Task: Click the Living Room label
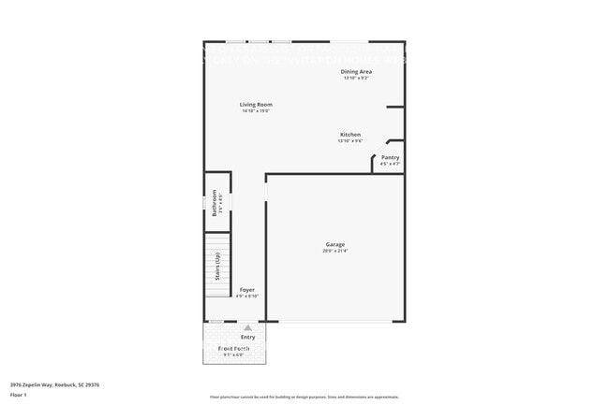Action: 256,105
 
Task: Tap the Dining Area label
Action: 356,71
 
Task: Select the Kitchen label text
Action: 350,135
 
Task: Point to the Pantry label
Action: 391,158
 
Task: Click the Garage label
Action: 335,245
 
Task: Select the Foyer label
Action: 246,290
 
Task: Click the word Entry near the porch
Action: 247,337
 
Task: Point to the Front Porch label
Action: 233,348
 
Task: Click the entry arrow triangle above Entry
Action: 247,328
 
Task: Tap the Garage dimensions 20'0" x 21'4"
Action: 335,251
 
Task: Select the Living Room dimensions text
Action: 256,111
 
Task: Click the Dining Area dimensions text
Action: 356,78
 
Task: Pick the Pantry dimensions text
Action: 391,164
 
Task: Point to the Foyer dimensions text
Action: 246,297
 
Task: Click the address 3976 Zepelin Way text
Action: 55,384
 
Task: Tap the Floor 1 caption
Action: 20,396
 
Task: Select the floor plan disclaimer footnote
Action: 304,397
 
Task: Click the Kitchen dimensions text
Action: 350,141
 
